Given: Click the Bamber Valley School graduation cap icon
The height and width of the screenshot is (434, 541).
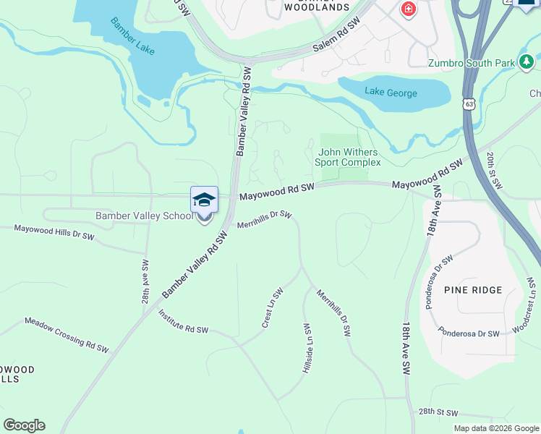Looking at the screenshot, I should (204, 200).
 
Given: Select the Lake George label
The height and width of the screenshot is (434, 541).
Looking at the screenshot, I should (391, 93).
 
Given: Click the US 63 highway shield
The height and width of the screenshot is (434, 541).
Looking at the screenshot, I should (470, 104).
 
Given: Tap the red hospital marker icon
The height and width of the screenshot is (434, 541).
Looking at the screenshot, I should (408, 9).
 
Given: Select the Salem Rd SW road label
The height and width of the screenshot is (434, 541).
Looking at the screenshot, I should (336, 35).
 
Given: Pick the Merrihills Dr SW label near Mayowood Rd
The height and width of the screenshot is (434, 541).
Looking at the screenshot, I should (264, 219).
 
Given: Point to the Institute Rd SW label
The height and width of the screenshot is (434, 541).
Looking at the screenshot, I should (183, 320).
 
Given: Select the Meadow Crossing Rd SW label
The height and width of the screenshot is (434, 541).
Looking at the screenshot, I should (67, 335).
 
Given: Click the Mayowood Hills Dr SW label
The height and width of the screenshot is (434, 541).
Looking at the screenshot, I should (55, 232).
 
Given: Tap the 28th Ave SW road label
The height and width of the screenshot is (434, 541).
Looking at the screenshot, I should (145, 282).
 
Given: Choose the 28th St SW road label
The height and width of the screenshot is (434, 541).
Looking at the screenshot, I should (438, 412).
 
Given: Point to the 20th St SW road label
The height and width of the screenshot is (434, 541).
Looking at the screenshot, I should (494, 171).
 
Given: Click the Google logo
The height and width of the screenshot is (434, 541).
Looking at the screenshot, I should (24, 425).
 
